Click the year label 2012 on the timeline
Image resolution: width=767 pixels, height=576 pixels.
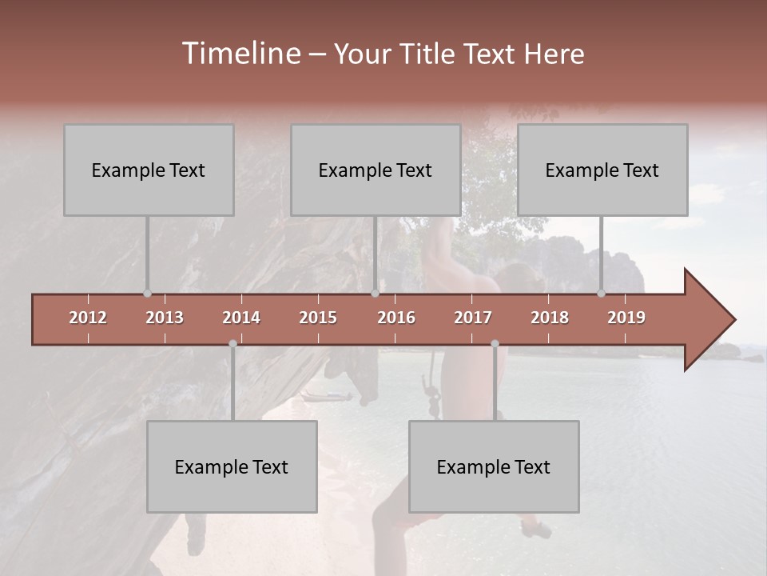tap(88, 318)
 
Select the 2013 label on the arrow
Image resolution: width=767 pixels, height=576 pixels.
tap(165, 318)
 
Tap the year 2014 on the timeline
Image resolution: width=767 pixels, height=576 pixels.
tap(241, 318)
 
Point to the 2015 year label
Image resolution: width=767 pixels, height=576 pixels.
tap(318, 318)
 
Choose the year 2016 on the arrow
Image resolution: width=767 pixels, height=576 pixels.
tap(396, 318)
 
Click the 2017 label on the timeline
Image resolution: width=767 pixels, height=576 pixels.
tap(473, 318)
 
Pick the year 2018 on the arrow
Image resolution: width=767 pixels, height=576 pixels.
tap(550, 318)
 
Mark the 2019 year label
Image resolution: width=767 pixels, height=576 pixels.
tap(626, 318)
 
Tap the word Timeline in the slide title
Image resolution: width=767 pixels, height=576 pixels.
tap(240, 54)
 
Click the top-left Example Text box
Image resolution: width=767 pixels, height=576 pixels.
tap(149, 170)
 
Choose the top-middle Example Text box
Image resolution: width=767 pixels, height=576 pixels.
tap(376, 170)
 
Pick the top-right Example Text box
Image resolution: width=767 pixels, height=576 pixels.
tap(602, 170)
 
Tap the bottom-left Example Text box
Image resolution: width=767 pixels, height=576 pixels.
tap(232, 466)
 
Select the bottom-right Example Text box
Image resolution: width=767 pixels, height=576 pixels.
tap(494, 466)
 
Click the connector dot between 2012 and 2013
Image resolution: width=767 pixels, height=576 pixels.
tap(147, 293)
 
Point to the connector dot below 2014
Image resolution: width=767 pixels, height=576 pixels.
tap(232, 344)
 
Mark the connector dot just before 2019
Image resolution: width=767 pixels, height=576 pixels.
tap(602, 293)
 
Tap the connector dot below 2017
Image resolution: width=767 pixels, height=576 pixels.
tap(495, 344)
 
